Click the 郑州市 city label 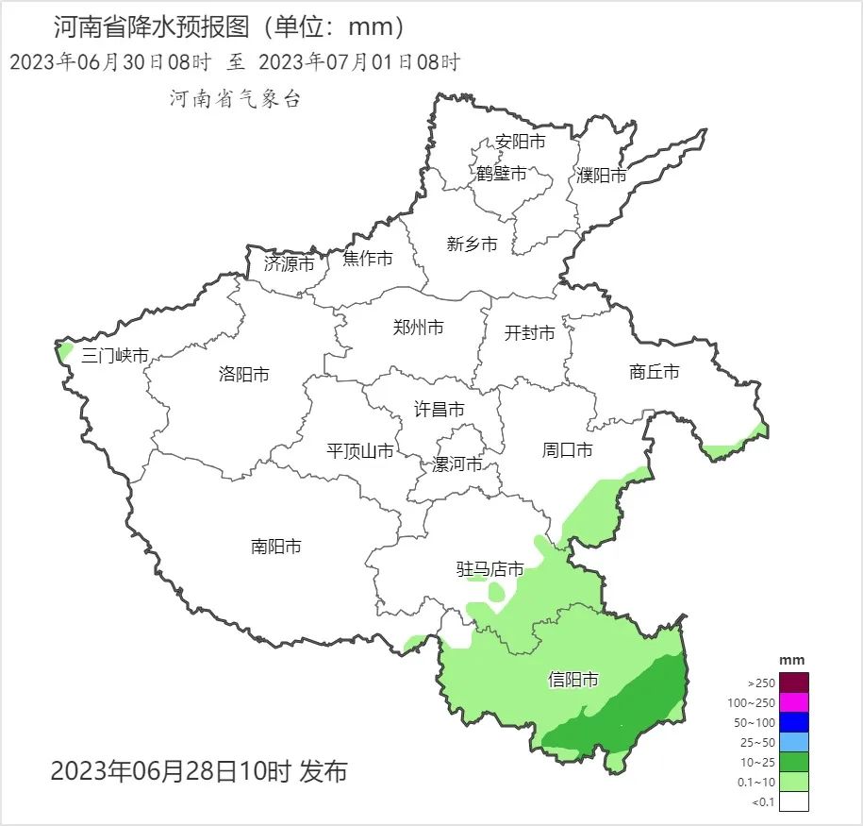point(418,329)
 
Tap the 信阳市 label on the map point(573,680)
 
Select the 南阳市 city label point(276,547)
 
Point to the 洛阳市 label point(243,375)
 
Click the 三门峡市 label point(115,356)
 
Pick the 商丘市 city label point(654,372)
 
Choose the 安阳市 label point(521,143)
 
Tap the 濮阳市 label point(601,176)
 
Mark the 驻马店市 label point(490,569)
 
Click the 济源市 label point(289,264)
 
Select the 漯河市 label point(457,464)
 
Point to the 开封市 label point(529,333)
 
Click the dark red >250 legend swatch point(794,683)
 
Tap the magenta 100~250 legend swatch point(794,702)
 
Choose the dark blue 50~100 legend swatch point(794,722)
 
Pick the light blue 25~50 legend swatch point(794,742)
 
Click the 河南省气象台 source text point(235,99)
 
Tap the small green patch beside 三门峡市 point(64,351)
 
